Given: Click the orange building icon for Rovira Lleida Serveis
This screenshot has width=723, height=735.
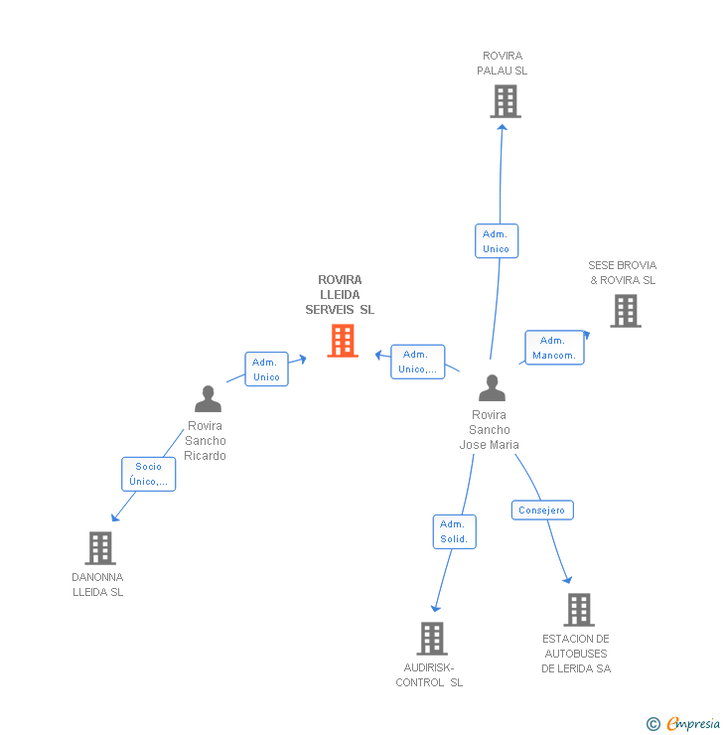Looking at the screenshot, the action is click(343, 341).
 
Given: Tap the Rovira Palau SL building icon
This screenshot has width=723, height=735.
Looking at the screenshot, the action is click(505, 101).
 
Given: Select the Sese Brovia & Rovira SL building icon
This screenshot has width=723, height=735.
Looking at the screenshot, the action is click(625, 311).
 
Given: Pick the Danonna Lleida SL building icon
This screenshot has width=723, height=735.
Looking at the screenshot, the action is click(99, 547).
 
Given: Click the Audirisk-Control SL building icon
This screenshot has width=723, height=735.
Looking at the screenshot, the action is click(432, 638).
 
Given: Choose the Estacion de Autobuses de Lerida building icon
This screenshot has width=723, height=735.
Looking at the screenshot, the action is click(578, 609).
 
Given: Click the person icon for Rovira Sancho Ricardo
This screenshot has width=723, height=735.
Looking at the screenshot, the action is click(208, 398).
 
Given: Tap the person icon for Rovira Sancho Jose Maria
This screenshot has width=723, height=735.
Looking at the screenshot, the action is click(492, 387).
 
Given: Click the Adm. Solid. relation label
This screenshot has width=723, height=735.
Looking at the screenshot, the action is click(455, 532).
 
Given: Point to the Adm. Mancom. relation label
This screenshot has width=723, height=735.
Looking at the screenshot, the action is click(554, 348).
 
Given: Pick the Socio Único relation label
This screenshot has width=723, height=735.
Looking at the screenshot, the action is click(149, 474).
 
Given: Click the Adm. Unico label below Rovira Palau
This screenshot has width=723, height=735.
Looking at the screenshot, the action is click(496, 241).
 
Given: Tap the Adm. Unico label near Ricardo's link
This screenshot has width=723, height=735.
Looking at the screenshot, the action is click(266, 369).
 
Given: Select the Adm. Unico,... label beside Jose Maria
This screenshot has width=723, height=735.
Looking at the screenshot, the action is click(417, 362).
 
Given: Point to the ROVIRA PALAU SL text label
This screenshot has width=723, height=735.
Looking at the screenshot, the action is click(503, 64).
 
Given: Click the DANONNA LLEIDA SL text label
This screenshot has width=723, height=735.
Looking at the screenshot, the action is click(97, 584).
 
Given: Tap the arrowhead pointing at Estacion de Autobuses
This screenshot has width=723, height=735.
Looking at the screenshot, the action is click(567, 579).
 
